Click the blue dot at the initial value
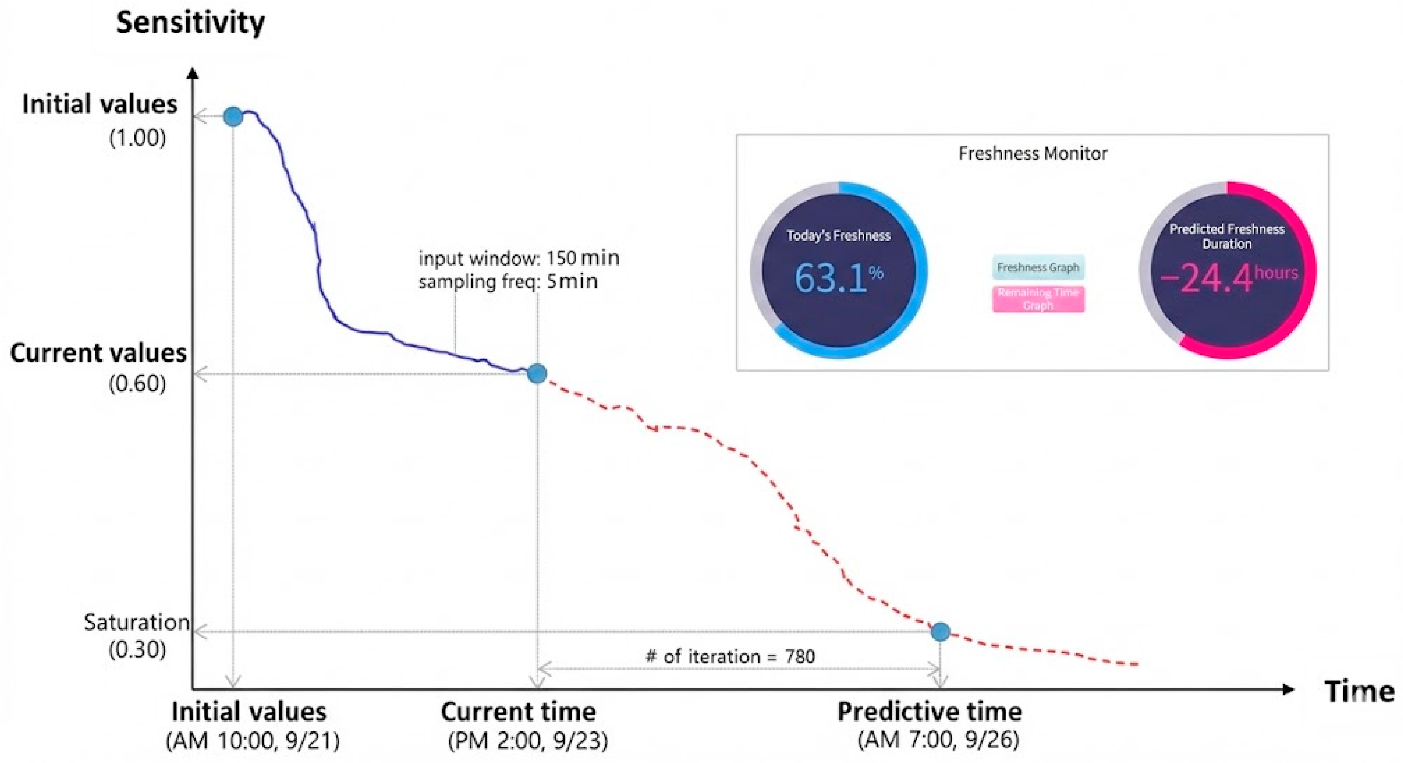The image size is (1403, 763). click(233, 117)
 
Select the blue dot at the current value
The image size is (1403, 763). click(537, 373)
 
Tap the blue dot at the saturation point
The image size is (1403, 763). click(941, 632)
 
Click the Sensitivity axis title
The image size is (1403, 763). click(191, 23)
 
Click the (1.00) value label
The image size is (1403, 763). click(137, 138)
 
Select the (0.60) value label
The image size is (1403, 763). click(137, 384)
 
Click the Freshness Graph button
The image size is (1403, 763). click(1038, 267)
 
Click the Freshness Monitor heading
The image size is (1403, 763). click(1033, 154)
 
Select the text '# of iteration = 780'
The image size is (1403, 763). click(730, 656)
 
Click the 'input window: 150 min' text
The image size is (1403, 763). click(518, 258)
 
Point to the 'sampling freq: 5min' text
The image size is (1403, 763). click(508, 282)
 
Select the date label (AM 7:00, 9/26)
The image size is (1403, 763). click(938, 740)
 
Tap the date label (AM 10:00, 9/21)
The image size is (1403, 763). click(253, 741)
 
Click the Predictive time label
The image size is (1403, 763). click(929, 712)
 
